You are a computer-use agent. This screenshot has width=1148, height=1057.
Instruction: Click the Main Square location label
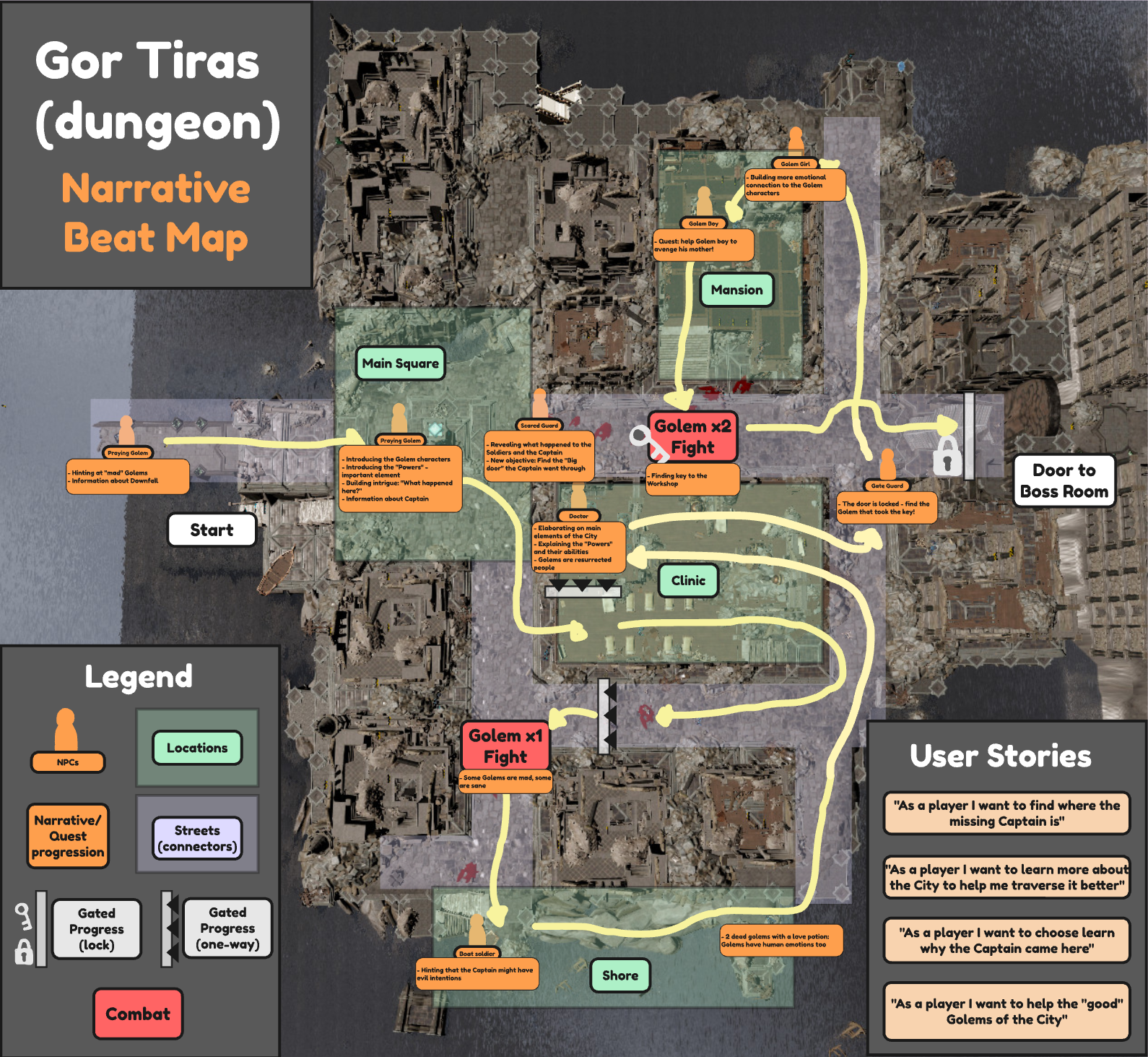pos(400,363)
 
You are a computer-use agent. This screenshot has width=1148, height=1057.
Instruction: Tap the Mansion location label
pos(736,290)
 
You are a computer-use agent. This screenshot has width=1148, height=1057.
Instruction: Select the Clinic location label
pos(688,581)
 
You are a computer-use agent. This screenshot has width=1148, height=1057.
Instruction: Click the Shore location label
pos(620,975)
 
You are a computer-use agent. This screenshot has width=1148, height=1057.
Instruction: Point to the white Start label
pos(212,530)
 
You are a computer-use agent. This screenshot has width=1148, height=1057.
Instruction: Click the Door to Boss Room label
pos(1064,480)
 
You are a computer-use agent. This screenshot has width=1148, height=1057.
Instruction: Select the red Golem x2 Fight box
pos(692,436)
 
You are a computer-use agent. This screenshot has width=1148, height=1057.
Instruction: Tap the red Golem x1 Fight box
pos(505,746)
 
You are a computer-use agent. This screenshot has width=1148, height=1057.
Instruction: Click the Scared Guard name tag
pos(539,426)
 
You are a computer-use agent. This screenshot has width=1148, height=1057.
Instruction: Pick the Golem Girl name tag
pos(795,164)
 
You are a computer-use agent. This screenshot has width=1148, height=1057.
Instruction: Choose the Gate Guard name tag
pos(887,486)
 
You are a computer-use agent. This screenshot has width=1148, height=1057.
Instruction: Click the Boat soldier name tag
pos(477,954)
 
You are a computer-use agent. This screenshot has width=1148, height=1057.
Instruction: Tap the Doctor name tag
pos(578,516)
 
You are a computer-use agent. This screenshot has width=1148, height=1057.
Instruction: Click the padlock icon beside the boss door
pos(947,455)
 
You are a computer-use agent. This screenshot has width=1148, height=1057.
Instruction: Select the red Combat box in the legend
pos(138,1014)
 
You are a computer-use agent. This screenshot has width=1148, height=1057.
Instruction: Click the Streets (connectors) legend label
pos(197,838)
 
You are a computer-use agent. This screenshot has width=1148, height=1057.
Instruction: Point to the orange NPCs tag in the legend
pos(68,762)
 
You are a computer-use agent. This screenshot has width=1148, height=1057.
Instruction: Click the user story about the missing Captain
pos(1006,813)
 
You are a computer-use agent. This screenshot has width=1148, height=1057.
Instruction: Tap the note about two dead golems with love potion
pos(781,940)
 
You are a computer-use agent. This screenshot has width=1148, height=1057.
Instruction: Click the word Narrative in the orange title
pos(156,189)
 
